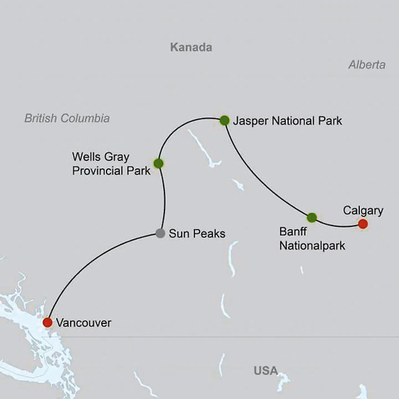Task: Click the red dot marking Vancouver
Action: point(48,322)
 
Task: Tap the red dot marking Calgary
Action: point(363,224)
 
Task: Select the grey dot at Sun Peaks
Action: point(160,233)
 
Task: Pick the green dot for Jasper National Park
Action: point(224,121)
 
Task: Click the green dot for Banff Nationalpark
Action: point(312,218)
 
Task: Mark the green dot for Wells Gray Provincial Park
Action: point(158,163)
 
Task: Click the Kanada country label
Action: point(191,47)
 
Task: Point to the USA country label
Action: point(265,370)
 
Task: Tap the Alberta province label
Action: point(367,65)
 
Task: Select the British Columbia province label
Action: point(67,118)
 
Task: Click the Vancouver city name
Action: point(83,323)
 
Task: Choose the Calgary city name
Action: point(363,210)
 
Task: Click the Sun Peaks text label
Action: point(197,234)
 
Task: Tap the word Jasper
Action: point(250,121)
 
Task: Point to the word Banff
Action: point(293,231)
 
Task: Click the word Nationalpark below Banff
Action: point(312,246)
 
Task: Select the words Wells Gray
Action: point(101,157)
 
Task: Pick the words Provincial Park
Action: point(111,171)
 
